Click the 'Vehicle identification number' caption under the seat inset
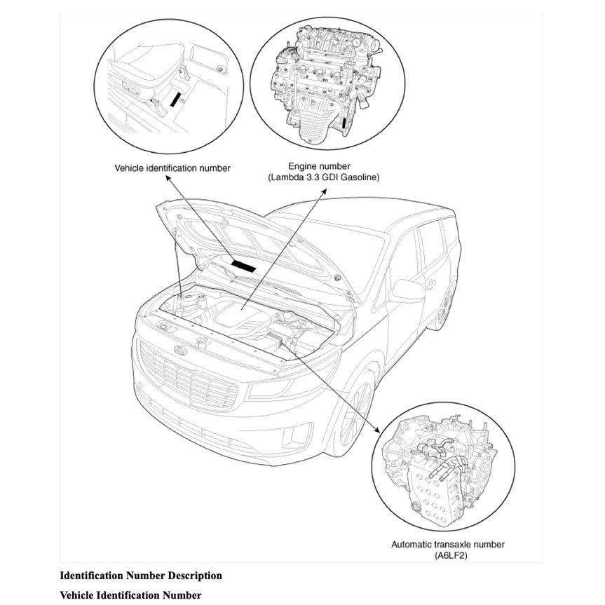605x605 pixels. tap(172, 168)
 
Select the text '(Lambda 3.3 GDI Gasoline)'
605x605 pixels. tap(323, 178)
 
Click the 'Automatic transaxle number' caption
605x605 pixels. tap(448, 544)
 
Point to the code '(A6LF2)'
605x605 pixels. tap(448, 555)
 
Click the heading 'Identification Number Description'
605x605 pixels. tap(141, 576)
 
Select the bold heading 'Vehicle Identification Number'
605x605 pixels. tap(130, 595)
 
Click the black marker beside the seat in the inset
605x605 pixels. tap(174, 100)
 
